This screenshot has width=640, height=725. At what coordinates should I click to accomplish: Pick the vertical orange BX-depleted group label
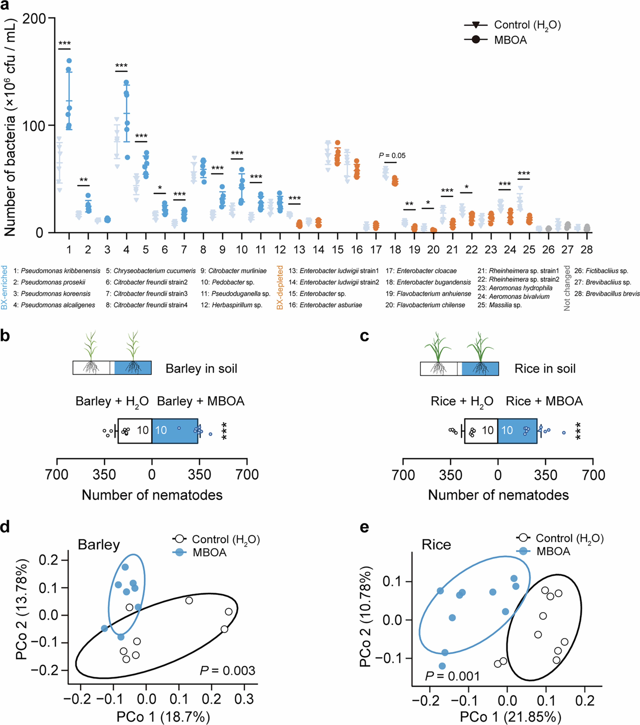[280, 287]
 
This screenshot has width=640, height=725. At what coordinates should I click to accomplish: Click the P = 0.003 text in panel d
[227, 670]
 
